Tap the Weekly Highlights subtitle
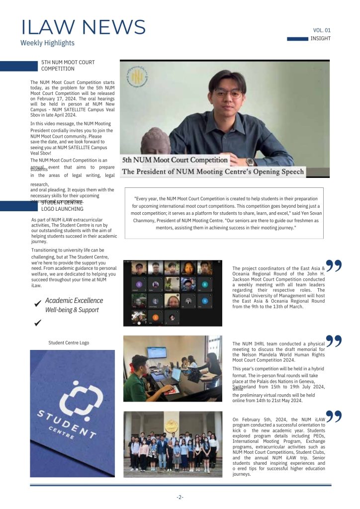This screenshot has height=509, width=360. click(47, 43)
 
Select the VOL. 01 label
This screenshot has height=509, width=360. click(322, 30)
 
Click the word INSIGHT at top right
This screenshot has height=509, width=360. click(320, 39)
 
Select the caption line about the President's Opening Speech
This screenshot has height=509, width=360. click(213, 171)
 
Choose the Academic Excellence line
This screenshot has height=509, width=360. click(74, 300)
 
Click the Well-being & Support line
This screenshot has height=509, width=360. click(72, 310)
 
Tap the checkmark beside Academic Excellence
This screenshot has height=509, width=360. click(37, 304)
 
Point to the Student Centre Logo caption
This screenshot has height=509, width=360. click(69, 342)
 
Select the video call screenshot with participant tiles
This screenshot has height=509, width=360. click(173, 293)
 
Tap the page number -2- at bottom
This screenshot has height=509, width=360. click(180, 497)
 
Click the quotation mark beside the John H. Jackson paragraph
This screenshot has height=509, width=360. click(334, 266)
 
